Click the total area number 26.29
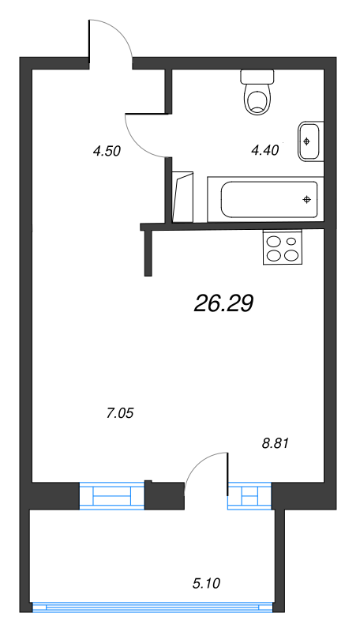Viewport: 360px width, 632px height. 223,303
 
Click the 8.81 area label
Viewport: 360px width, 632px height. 276,443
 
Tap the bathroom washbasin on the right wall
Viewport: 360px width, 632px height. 309,141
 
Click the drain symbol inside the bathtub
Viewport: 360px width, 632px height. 306,199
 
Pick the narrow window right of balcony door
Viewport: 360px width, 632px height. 249,496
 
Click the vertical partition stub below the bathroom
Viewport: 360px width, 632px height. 148,253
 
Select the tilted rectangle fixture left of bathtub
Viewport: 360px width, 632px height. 183,197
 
